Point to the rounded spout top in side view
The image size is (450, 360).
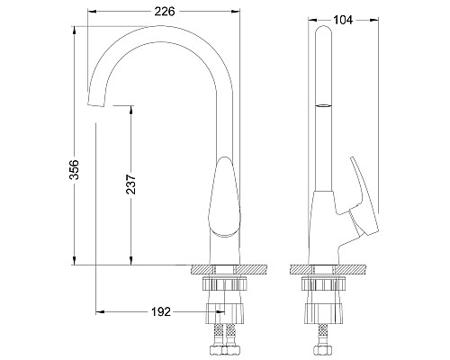click(x=322, y=32)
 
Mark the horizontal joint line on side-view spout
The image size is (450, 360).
click(x=322, y=105)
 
